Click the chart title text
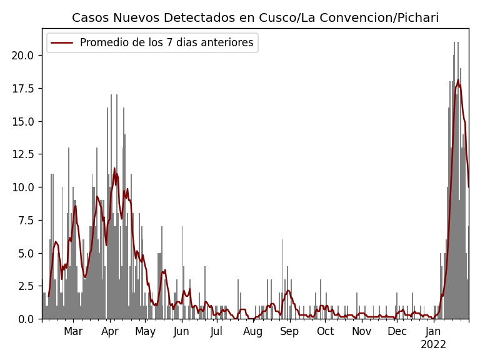pyautogui.click(x=255, y=17)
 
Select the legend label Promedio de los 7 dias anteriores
pyautogui.click(x=166, y=42)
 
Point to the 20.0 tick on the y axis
pyautogui.click(x=23, y=55)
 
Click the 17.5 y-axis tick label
pyautogui.click(x=23, y=88)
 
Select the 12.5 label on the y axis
pyautogui.click(x=23, y=154)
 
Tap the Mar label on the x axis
pyautogui.click(x=73, y=331)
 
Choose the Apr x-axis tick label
pyautogui.click(x=110, y=331)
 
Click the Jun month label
pyautogui.click(x=181, y=331)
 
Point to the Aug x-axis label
pyautogui.click(x=253, y=331)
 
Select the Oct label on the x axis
pyautogui.click(x=326, y=331)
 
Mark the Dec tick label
pyautogui.click(x=397, y=331)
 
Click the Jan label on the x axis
pyautogui.click(x=433, y=331)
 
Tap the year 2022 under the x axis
pyautogui.click(x=433, y=344)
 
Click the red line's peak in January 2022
pyautogui.click(x=457, y=80)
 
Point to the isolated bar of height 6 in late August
pyautogui.click(x=282, y=278)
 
